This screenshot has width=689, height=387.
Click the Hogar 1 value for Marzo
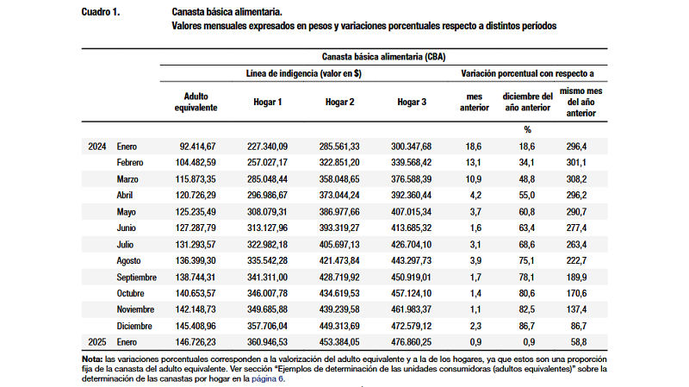coord(267,179)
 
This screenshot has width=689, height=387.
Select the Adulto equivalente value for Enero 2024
coord(197,147)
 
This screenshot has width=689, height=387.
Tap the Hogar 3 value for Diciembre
coord(412,326)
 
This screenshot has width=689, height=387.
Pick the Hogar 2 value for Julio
coord(339,245)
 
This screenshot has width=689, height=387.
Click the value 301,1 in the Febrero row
coord(576,163)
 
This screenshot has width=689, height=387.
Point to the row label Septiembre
coord(136,278)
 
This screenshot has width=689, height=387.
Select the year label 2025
coord(97,342)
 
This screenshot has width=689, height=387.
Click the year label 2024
coord(97,147)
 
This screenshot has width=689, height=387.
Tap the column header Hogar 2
coord(339,102)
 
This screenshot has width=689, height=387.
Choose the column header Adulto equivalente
coord(196,102)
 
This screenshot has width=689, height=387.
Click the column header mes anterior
coord(475,102)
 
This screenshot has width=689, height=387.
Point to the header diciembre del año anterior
coord(528,102)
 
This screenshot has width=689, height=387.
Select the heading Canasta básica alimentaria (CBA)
coord(383,57)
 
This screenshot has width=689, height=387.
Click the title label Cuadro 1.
coord(101,12)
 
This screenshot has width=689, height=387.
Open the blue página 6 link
coord(268,378)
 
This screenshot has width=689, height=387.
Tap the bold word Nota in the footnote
coord(92,359)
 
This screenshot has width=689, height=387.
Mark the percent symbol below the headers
coord(528,130)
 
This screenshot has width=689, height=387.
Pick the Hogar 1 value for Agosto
coord(267,261)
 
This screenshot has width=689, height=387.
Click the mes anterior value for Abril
coord(475,196)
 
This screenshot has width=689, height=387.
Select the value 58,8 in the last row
coord(576,342)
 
